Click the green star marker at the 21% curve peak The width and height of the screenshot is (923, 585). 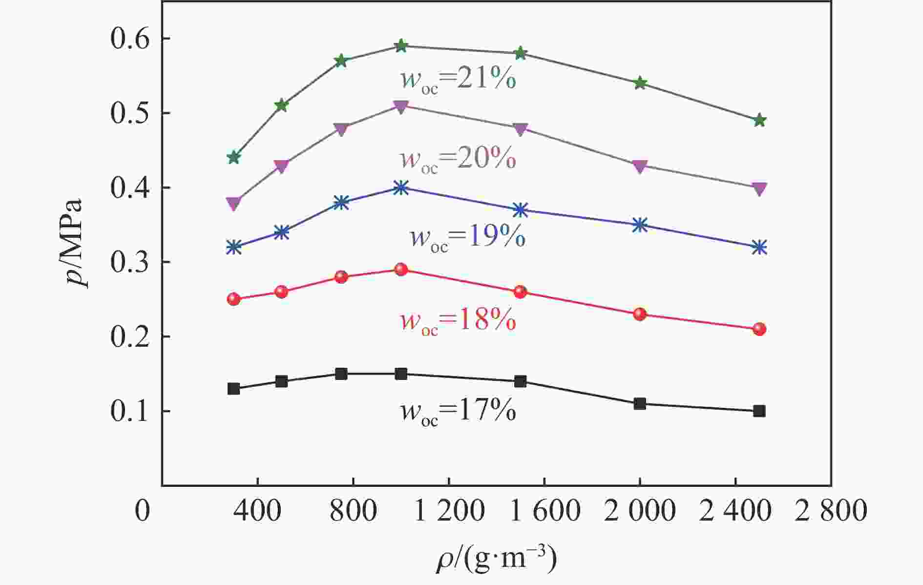[x=401, y=46]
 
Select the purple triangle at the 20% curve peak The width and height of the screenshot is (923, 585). [x=401, y=106]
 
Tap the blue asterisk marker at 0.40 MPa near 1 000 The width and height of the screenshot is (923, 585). [x=401, y=188]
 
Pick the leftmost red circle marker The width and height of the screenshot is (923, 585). [x=234, y=299]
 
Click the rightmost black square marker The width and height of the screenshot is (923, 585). [x=759, y=411]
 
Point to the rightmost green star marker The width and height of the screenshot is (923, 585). [x=759, y=121]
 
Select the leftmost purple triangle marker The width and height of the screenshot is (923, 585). [x=234, y=203]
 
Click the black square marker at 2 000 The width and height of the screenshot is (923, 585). [x=640, y=404]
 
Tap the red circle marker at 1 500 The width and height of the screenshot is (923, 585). [x=521, y=292]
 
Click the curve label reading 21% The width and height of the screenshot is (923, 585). [x=458, y=80]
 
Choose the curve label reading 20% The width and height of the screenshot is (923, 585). [x=458, y=159]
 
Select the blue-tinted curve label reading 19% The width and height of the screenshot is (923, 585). [x=467, y=238]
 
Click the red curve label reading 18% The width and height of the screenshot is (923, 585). [x=458, y=321]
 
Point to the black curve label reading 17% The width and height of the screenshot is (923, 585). [x=458, y=412]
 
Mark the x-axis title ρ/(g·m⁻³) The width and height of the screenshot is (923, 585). [x=496, y=560]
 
